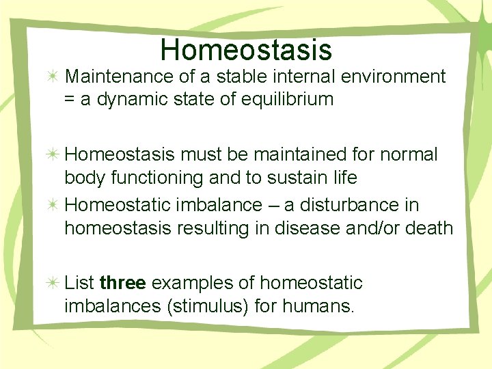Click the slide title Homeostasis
click(x=246, y=50)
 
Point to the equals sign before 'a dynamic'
click(x=70, y=100)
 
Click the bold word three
click(x=122, y=283)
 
